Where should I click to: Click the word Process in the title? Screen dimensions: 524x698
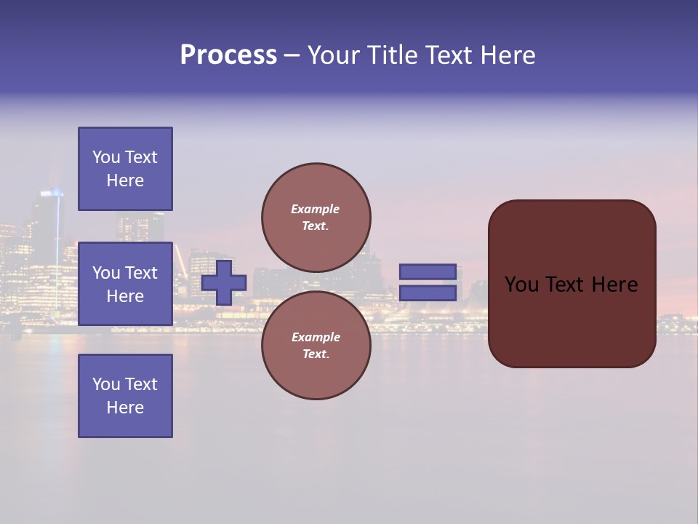click(x=228, y=55)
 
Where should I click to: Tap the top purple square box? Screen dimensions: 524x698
click(x=125, y=169)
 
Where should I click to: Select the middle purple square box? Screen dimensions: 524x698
click(x=125, y=284)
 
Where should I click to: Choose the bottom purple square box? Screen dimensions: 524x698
click(x=125, y=396)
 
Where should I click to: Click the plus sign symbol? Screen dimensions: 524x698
click(x=224, y=282)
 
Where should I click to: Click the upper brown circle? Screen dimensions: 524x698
click(x=316, y=217)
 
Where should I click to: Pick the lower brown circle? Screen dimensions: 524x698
click(x=316, y=345)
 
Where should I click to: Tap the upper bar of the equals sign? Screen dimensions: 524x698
click(x=428, y=271)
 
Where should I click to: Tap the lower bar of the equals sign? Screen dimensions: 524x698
click(x=428, y=293)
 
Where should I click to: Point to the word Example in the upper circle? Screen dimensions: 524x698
click(x=316, y=209)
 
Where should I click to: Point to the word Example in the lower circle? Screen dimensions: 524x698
click(x=316, y=337)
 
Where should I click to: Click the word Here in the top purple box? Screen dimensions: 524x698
click(x=125, y=180)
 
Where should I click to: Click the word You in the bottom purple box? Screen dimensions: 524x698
click(x=106, y=384)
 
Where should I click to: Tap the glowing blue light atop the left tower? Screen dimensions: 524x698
click(x=52, y=193)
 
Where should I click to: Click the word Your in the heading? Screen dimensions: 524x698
click(x=334, y=55)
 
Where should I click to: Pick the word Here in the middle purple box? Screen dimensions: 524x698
click(x=125, y=296)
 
